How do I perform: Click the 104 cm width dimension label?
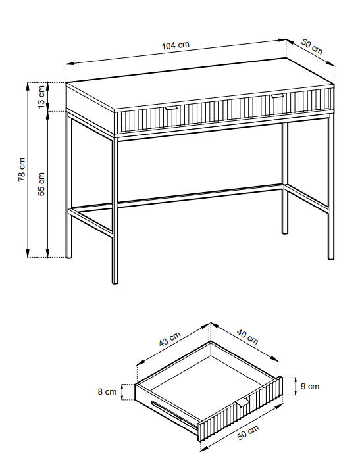click(175, 45)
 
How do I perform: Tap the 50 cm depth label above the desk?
click(312, 47)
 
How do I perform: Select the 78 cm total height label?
click(22, 170)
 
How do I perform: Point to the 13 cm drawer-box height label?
click(41, 97)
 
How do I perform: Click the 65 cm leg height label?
click(41, 184)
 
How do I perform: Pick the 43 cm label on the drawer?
click(170, 339)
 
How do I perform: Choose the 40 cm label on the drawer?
click(247, 337)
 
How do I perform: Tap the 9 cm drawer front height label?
click(310, 386)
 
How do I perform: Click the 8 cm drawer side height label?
click(107, 391)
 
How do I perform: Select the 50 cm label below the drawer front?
click(248, 432)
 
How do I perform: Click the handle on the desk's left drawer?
click(171, 108)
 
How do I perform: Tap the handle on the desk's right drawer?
click(277, 96)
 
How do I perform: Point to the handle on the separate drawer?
click(242, 402)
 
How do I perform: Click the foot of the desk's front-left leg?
click(115, 282)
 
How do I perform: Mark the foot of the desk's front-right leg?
click(331, 258)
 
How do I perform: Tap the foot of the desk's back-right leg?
click(284, 232)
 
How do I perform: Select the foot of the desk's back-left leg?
click(68, 256)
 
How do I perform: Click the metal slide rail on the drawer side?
click(174, 414)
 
